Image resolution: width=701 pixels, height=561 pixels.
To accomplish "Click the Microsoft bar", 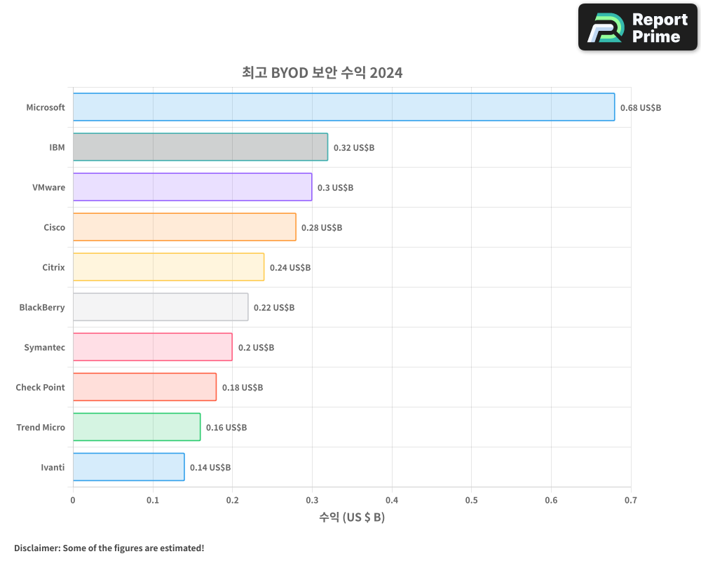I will point(343,107).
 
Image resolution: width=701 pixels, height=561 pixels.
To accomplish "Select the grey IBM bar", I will point(200,147).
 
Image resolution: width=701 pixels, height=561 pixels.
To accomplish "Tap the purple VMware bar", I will point(192,187).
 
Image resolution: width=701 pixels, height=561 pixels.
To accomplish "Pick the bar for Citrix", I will point(168,267).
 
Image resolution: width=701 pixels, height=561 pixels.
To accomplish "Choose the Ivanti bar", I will point(128,467).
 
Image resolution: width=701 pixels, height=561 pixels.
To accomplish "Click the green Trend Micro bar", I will point(136,427).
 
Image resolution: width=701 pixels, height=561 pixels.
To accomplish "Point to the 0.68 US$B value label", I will point(641,108).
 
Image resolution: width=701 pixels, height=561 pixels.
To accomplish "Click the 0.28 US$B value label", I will point(322,228).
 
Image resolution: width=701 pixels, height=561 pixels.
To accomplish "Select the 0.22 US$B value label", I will point(274,308).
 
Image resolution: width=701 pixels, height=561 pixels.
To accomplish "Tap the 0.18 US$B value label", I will point(243,388).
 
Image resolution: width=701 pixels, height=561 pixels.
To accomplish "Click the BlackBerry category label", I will point(42,308).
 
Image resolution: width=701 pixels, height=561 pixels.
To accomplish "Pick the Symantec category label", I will point(44,348).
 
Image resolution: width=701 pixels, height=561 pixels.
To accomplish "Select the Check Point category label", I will point(40,388).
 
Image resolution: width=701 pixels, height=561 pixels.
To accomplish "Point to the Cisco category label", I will point(54,228).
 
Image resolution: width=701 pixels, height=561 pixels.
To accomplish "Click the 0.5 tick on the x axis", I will point(471,501).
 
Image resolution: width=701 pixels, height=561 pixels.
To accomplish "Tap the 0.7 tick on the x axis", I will point(631,501).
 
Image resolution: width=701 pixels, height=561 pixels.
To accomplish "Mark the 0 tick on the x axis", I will point(73,501).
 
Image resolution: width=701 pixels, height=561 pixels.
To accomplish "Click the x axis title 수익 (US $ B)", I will point(352,518).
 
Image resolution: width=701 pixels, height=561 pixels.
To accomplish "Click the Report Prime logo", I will point(638,27).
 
